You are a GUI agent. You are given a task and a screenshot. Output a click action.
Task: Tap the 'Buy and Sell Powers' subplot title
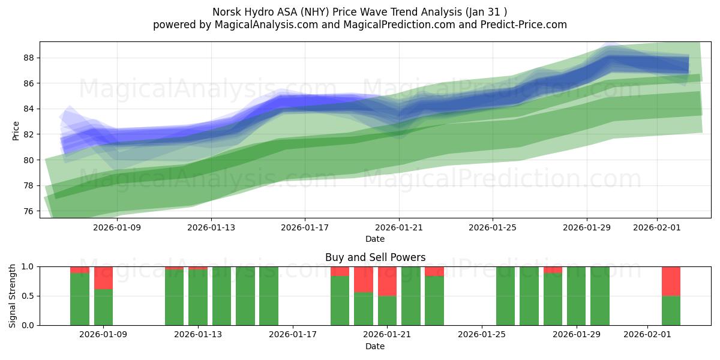(375, 257)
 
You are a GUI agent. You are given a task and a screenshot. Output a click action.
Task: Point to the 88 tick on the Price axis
(29, 58)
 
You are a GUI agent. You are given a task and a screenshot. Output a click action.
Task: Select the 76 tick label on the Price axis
(29, 211)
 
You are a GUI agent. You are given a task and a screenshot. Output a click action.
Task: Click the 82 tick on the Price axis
(29, 134)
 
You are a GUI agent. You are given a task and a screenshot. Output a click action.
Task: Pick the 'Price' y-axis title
(16, 130)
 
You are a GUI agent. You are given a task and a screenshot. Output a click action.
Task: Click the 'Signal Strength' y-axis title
(13, 296)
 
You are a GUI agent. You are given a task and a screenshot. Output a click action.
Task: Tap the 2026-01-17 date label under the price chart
(305, 227)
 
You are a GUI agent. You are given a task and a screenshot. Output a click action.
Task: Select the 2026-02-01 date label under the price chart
(656, 227)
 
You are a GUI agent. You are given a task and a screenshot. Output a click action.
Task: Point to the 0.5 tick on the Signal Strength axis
(28, 296)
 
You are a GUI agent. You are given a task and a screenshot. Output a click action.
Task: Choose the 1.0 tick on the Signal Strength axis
(28, 266)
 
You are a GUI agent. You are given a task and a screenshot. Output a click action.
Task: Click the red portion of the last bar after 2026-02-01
(671, 281)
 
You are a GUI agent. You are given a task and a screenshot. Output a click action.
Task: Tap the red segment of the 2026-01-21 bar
(387, 281)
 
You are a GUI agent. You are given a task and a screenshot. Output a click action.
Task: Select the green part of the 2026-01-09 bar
(103, 307)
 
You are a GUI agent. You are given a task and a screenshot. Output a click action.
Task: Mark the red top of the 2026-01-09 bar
(103, 278)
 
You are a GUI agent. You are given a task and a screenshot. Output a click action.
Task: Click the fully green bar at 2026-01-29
(576, 296)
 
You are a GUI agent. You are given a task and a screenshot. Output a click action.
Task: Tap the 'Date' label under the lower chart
(375, 346)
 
